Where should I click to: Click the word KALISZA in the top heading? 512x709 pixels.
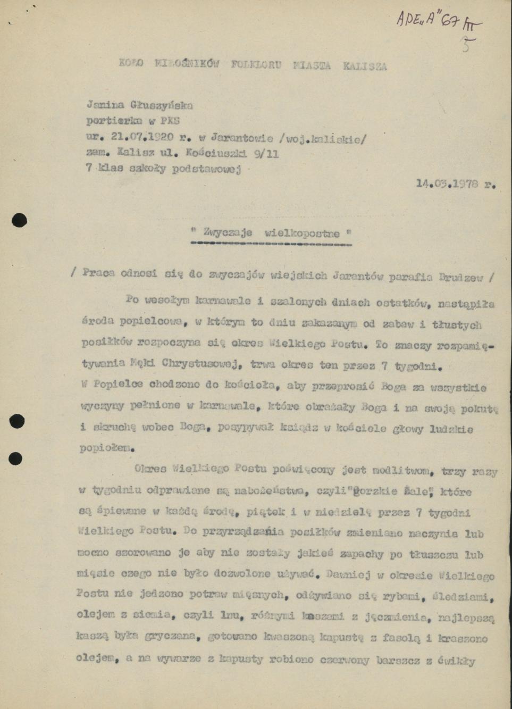365,66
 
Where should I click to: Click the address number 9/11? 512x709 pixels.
263,154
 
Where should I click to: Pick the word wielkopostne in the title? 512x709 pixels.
302,233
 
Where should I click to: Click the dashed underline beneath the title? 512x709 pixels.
271,245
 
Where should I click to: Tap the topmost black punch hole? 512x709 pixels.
19,220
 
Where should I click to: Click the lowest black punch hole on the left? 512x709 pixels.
16,458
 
